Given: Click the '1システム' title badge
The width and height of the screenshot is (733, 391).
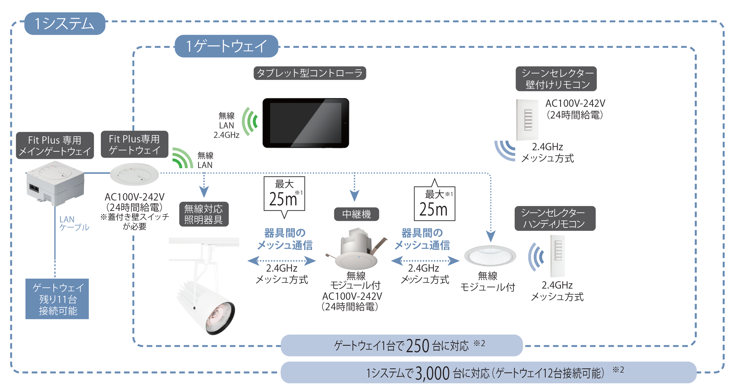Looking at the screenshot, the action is pos(65,23).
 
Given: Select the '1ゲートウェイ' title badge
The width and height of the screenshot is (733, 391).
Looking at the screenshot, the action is pos(226,46).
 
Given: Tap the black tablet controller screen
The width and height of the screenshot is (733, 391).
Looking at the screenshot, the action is pos(306,123).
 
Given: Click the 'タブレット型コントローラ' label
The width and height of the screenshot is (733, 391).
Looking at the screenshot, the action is pos(310,73).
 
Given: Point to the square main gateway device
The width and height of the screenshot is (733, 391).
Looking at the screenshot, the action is pos(55,183).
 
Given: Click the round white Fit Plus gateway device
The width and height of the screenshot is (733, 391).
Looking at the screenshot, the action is pos(134,174).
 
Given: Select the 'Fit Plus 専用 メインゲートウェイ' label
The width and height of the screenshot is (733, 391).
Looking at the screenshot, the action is pos(55,146).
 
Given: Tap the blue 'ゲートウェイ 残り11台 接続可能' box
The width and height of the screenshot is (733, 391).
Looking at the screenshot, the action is pos(57,299).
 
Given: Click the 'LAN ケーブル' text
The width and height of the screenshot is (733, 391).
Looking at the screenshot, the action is pos(74,223).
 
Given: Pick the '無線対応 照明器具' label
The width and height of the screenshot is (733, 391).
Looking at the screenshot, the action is pos(204,214).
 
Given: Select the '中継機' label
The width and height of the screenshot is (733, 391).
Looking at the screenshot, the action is pos(356,214).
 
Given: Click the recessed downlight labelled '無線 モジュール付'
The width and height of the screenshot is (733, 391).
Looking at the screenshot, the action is pos(490,256).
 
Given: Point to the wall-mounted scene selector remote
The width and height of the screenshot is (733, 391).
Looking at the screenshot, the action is pos(527,120).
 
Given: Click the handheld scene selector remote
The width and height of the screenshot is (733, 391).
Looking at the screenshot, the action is pos(558,256).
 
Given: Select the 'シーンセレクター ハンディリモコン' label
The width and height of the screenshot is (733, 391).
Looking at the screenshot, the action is pos(555,218).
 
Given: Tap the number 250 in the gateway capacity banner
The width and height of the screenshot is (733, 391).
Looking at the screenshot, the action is pos(417,346).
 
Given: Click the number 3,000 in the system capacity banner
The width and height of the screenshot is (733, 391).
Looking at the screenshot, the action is pos(432,373).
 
